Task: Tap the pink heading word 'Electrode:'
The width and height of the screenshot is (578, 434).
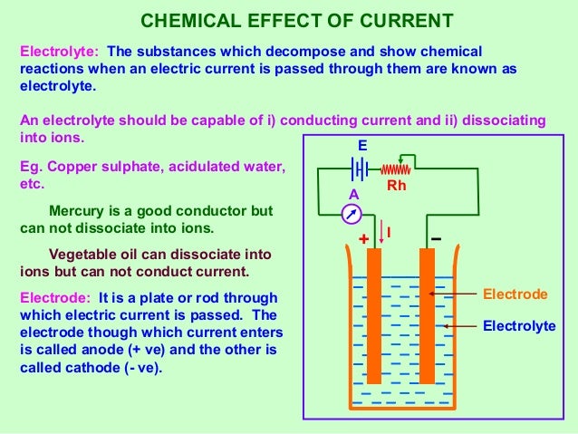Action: click(x=55, y=298)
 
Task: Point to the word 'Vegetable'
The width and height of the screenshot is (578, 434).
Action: click(x=82, y=255)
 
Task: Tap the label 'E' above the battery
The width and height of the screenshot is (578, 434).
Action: click(x=362, y=145)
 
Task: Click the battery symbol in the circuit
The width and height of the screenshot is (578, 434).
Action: click(x=361, y=169)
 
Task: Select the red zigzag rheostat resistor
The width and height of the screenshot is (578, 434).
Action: click(x=395, y=169)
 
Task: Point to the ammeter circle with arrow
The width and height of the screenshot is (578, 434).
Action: click(x=354, y=214)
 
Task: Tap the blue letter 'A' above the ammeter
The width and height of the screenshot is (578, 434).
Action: click(x=353, y=195)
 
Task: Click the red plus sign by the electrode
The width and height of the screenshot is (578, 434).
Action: click(x=364, y=240)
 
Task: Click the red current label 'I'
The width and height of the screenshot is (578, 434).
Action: click(x=389, y=233)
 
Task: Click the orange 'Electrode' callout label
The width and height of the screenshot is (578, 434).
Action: click(x=515, y=294)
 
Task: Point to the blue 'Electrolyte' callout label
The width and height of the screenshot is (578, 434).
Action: click(x=519, y=325)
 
